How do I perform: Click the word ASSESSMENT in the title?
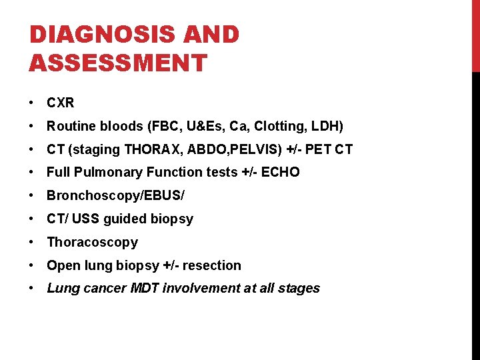118,63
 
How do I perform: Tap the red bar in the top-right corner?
475,35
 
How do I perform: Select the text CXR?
60,103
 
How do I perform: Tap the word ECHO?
281,173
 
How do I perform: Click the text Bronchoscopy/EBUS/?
115,196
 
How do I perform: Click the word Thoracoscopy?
92,242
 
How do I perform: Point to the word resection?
212,265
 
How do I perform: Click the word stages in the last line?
300,289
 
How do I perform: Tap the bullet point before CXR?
32,103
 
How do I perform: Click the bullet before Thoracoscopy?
32,243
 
